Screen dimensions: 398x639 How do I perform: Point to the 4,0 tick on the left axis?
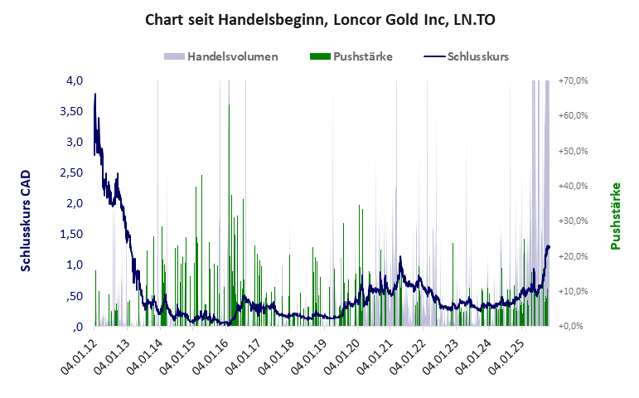[75, 80]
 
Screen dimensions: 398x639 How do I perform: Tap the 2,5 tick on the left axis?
[75, 172]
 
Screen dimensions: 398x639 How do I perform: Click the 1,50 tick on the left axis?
[72, 234]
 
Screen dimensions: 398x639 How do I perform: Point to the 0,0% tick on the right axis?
[574, 326]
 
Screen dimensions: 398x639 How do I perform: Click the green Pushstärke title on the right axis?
[616, 216]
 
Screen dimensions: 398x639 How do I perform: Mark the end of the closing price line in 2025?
[549, 247]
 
